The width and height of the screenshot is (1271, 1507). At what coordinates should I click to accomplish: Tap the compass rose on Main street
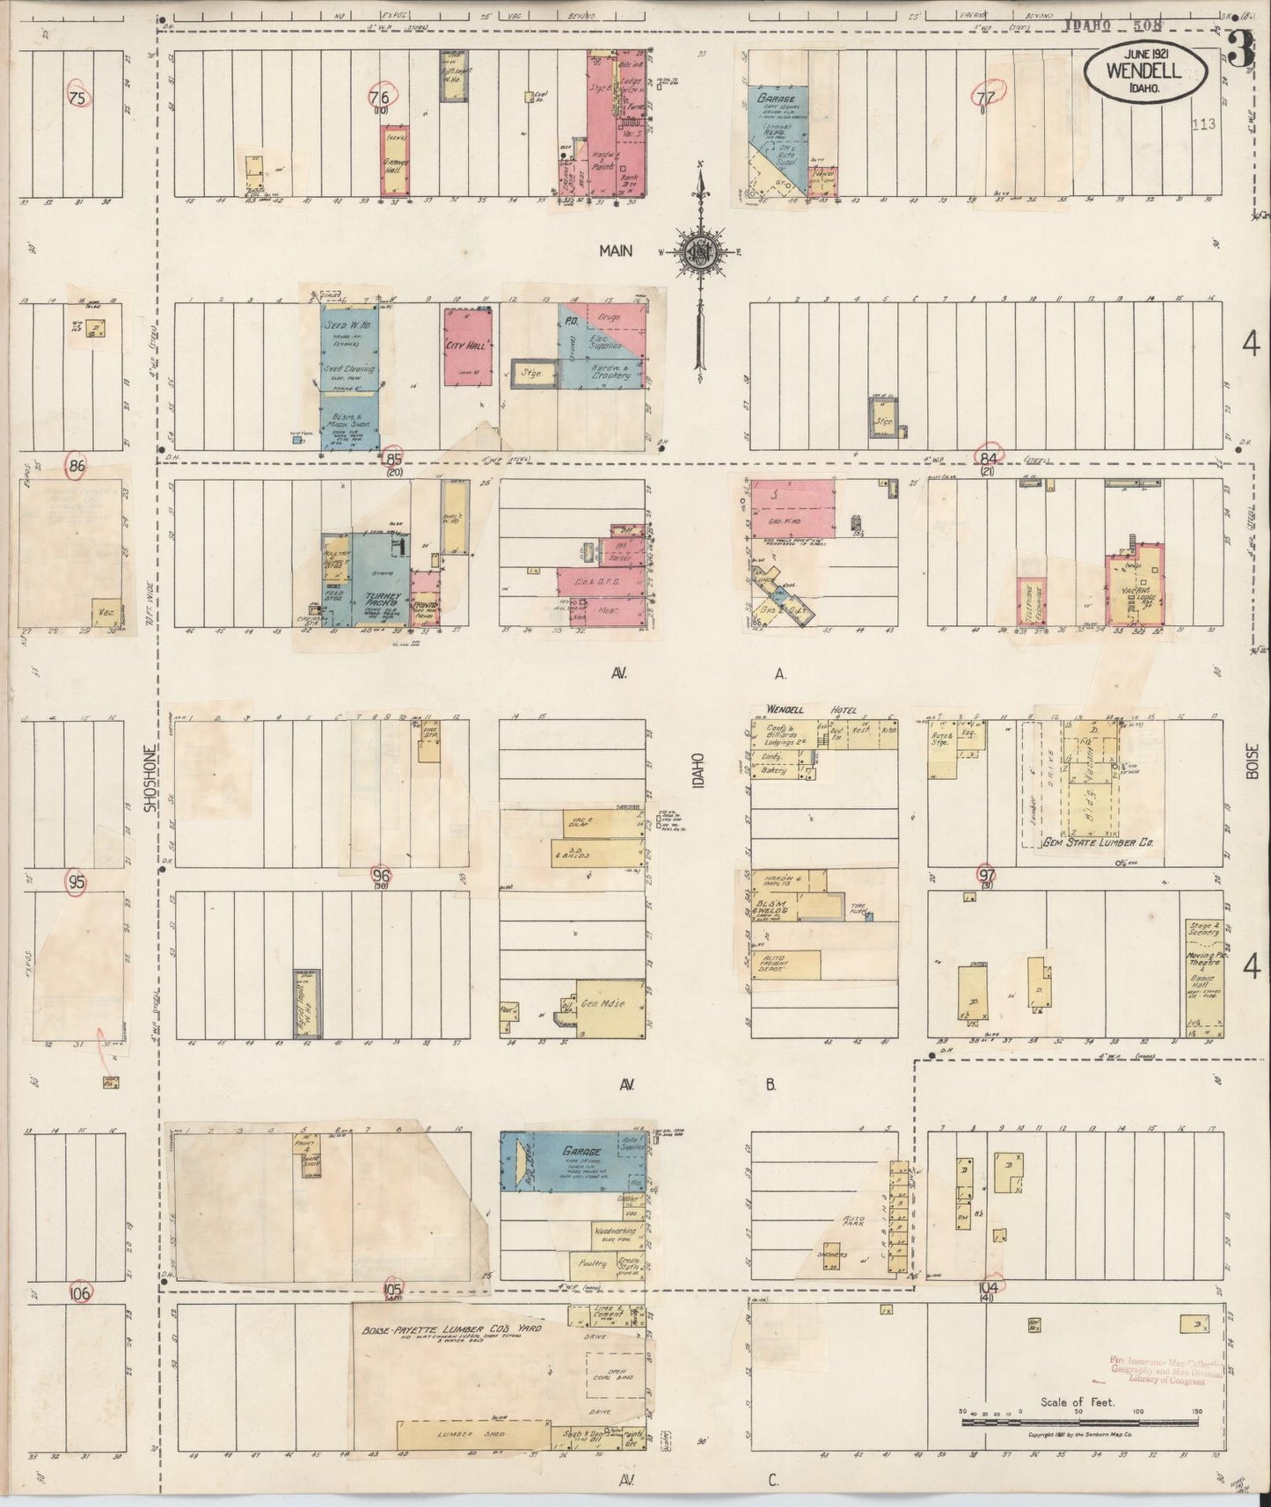pos(700,252)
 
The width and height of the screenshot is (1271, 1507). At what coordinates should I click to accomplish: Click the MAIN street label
pos(617,251)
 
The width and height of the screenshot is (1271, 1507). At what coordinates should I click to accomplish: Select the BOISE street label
pos(1252,761)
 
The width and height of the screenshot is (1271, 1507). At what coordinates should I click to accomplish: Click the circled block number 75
pos(77,98)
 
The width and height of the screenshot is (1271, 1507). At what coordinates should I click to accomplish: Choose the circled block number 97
pos(987,874)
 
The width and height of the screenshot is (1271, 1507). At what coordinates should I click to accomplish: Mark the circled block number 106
pos(80,1293)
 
